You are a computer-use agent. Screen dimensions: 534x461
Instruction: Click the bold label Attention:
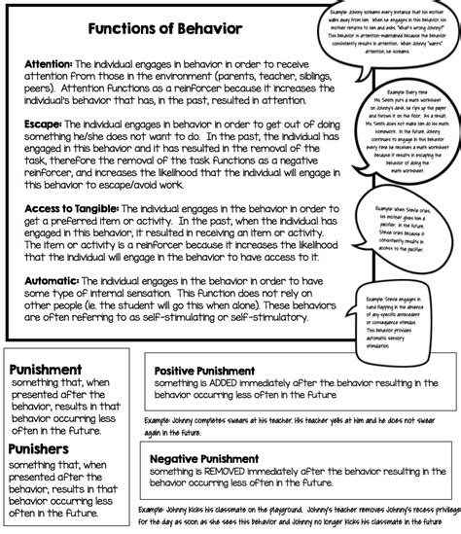click(45, 63)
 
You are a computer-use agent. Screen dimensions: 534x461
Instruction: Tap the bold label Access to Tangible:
click(74, 209)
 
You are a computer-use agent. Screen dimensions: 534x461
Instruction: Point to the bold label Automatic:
click(48, 280)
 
